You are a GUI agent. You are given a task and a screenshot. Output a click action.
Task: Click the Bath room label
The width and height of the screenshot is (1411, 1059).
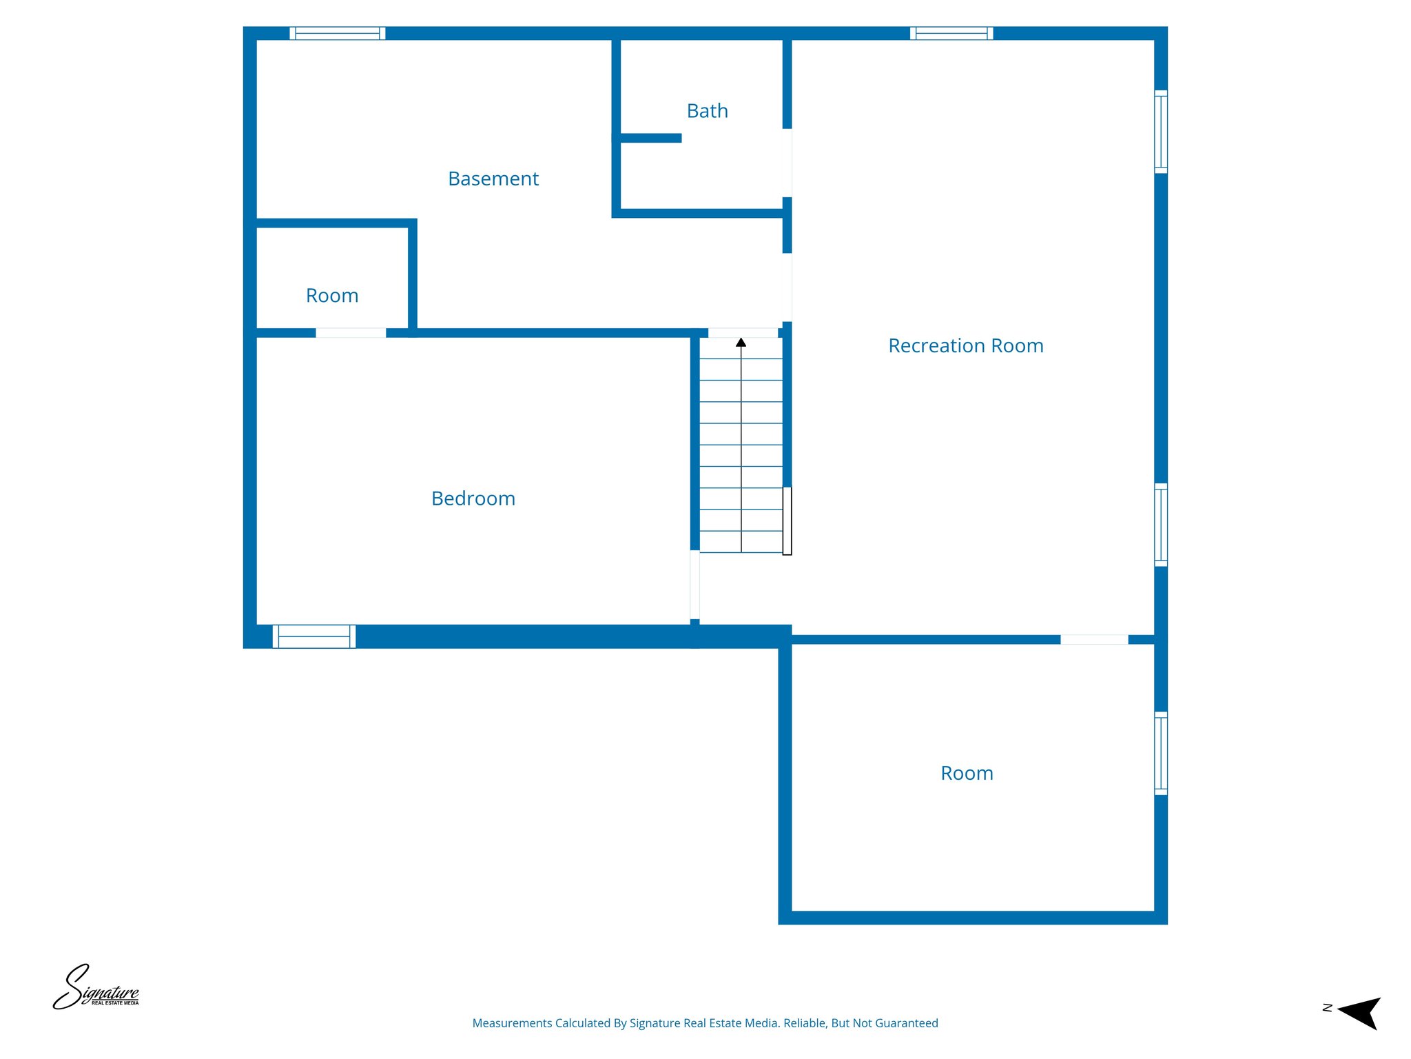point(707,111)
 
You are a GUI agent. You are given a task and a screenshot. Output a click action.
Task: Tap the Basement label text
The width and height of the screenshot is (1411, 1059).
point(493,179)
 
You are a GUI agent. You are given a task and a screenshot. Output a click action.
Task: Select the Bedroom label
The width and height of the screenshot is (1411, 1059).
point(473,498)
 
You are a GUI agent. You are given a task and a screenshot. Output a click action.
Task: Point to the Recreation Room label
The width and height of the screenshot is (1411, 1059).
point(965,345)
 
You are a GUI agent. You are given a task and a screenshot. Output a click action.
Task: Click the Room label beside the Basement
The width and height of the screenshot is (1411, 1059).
point(332,296)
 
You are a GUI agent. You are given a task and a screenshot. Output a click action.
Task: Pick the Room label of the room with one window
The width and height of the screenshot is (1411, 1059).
point(967,773)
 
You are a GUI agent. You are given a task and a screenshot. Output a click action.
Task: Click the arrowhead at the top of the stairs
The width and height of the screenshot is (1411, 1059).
point(741,343)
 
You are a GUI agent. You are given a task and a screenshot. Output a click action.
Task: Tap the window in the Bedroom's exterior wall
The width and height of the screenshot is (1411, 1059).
point(314,636)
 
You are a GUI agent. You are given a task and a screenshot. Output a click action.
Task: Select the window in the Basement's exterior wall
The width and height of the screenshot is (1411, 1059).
point(337,33)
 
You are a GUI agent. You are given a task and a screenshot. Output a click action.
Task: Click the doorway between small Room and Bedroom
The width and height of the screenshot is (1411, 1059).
point(351,333)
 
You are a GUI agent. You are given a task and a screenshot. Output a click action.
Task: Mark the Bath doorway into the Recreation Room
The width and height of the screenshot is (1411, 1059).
point(787,163)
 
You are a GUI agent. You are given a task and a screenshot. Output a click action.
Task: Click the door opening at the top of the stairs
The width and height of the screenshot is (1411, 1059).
point(743,333)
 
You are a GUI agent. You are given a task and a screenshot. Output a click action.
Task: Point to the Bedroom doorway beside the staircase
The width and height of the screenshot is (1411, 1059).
point(694,585)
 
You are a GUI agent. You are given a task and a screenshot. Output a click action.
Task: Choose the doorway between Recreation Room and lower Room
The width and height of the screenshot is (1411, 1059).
point(1094,640)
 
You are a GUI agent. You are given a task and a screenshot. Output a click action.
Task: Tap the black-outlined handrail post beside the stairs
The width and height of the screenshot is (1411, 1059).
point(787,521)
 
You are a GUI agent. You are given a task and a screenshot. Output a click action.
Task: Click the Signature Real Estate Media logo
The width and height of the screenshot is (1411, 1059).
point(96,989)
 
